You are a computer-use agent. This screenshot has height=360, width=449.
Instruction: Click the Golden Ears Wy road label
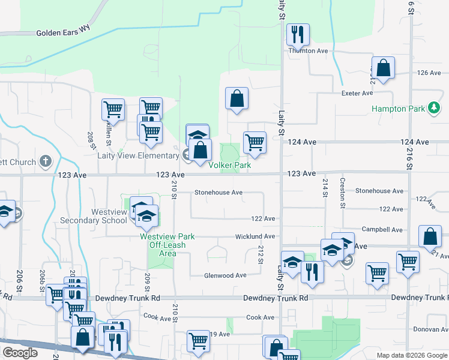coord(61,33)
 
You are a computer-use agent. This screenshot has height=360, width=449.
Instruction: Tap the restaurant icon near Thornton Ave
coord(297,35)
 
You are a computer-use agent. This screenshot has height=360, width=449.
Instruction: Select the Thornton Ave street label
coord(309,51)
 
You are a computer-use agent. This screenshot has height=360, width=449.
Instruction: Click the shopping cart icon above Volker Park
coord(255,143)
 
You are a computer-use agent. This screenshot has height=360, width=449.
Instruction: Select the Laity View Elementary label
coord(138,155)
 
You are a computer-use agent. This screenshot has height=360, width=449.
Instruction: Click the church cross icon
coord(46,161)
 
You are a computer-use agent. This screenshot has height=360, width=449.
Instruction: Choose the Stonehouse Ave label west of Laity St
coord(218,193)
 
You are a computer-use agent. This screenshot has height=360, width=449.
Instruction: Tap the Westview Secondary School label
coord(94,216)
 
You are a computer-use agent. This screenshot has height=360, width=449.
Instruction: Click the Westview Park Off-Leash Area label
coord(163,245)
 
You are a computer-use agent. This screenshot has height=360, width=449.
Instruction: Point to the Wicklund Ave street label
coord(255,237)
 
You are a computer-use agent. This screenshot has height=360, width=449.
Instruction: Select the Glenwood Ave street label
coord(225,275)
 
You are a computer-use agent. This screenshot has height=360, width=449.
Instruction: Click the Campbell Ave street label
coord(382,230)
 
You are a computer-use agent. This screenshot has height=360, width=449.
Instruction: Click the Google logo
coord(20,353)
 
